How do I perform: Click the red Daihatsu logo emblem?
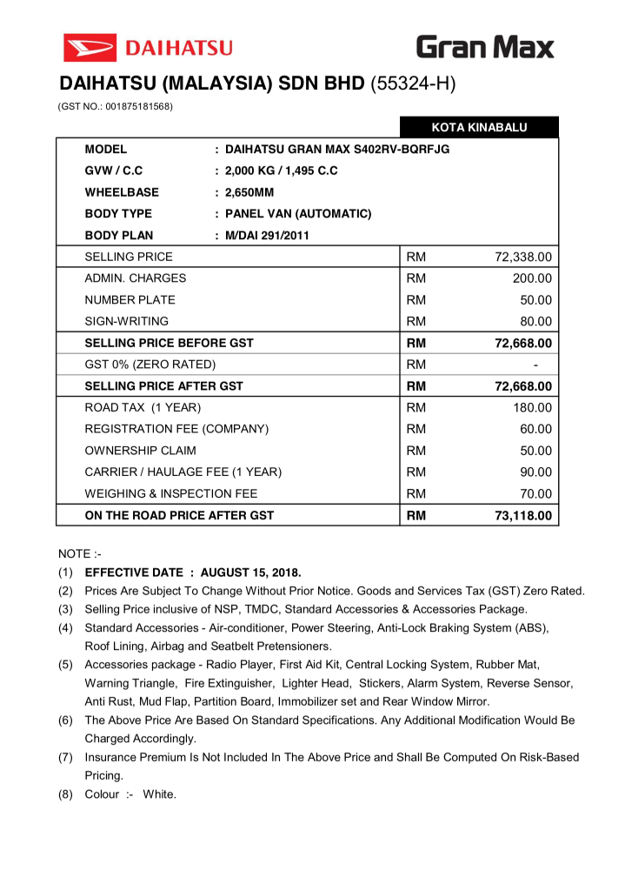click(x=90, y=47)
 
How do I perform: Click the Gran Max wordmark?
click(x=484, y=46)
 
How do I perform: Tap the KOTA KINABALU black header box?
click(x=479, y=128)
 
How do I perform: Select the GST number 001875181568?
click(x=138, y=106)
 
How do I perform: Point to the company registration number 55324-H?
click(x=413, y=84)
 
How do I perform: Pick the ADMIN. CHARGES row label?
click(x=135, y=278)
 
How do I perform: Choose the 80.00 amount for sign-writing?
click(x=535, y=321)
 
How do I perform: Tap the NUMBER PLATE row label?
click(x=130, y=300)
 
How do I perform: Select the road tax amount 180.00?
click(x=531, y=407)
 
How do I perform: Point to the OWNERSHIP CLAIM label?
click(x=140, y=451)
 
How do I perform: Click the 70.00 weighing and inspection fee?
click(x=535, y=493)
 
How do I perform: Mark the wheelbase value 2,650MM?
click(x=249, y=192)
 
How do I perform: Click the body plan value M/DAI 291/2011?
click(x=267, y=235)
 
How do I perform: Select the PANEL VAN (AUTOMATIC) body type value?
click(x=298, y=214)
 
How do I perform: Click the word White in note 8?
click(x=160, y=794)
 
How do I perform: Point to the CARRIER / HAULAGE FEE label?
click(x=183, y=472)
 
